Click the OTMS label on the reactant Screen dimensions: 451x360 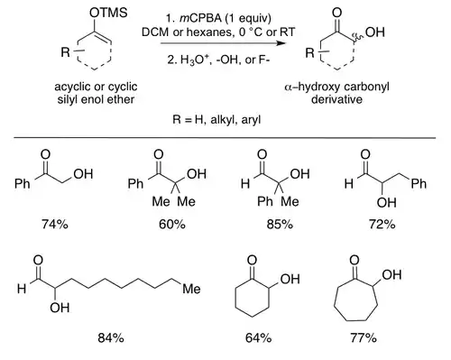(x=108, y=13)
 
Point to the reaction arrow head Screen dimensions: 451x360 (x=281, y=43)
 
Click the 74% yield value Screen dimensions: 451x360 (x=55, y=224)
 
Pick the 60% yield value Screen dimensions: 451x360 (x=172, y=224)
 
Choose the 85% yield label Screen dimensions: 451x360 (x=280, y=224)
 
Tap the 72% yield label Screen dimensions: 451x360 (x=382, y=224)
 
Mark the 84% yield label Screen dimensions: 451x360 (x=111, y=338)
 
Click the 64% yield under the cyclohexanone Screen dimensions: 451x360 (x=258, y=338)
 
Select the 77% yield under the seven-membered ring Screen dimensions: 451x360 (x=364, y=338)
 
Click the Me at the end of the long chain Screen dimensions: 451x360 (x=191, y=289)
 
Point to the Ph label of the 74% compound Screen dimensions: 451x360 (x=23, y=183)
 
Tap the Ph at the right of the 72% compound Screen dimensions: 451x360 (x=419, y=183)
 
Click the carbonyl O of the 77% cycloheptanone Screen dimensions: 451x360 (x=354, y=260)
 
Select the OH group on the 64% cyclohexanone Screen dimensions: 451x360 (x=290, y=279)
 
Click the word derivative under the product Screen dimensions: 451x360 (x=336, y=99)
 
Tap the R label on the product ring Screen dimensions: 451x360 (x=310, y=53)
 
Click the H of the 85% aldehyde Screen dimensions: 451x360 (x=245, y=183)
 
